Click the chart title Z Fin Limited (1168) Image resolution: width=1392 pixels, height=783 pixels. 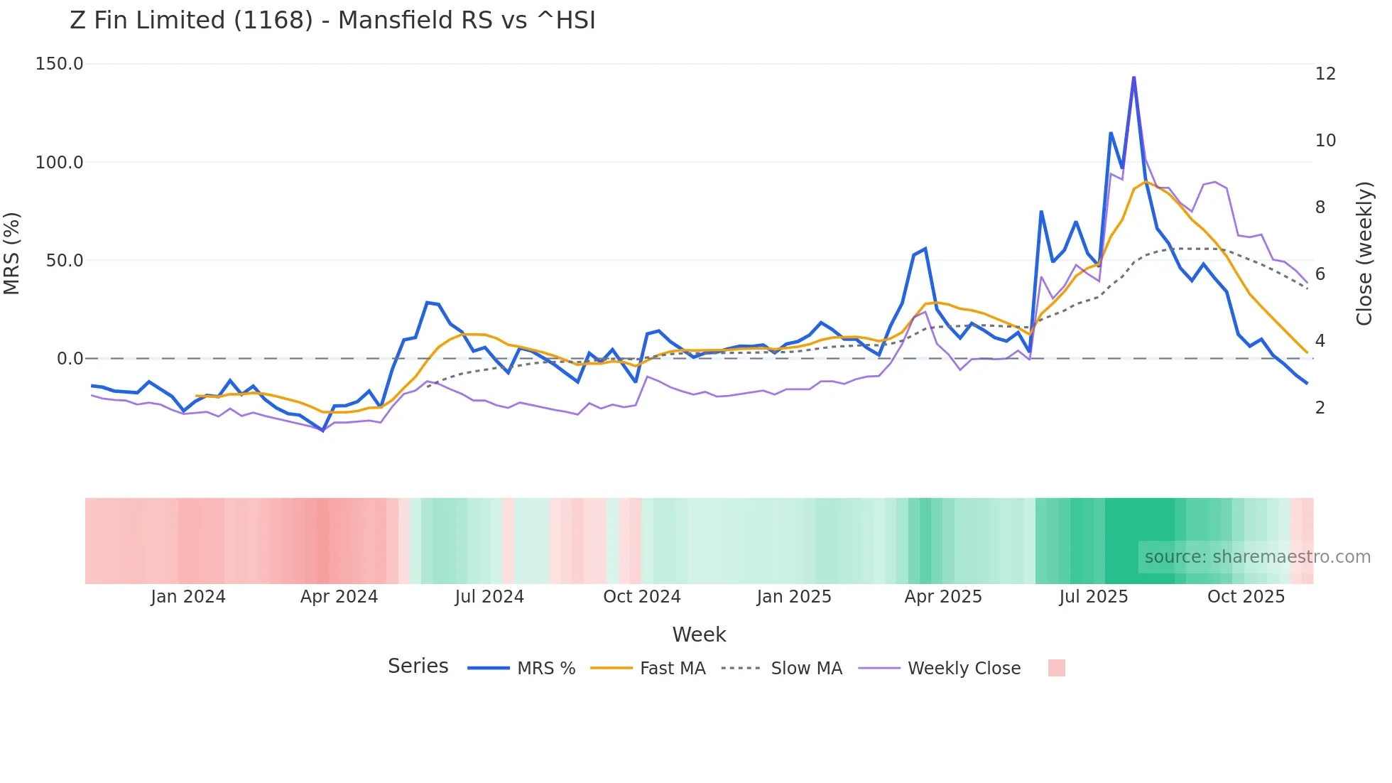(x=332, y=21)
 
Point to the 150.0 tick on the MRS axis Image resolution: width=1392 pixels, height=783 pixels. (x=60, y=64)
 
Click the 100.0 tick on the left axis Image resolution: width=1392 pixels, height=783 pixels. (x=60, y=163)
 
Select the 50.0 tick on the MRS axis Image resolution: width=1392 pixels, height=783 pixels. (x=65, y=261)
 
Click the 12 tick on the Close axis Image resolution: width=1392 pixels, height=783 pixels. (x=1325, y=74)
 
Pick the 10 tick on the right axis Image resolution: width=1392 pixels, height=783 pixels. (x=1325, y=141)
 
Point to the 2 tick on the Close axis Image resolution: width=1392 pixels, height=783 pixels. (x=1320, y=408)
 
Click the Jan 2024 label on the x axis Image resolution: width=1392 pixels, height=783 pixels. (x=188, y=597)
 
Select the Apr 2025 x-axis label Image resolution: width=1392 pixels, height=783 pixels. (x=943, y=597)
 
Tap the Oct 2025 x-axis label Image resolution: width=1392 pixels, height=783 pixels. (x=1246, y=597)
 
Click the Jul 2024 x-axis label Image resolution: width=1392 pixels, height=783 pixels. (x=489, y=597)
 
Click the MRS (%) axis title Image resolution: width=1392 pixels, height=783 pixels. (x=12, y=254)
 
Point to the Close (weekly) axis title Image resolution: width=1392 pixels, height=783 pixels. (x=1364, y=254)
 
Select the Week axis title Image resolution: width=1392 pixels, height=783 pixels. (x=699, y=634)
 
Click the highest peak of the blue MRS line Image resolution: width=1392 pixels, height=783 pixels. (x=1133, y=77)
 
